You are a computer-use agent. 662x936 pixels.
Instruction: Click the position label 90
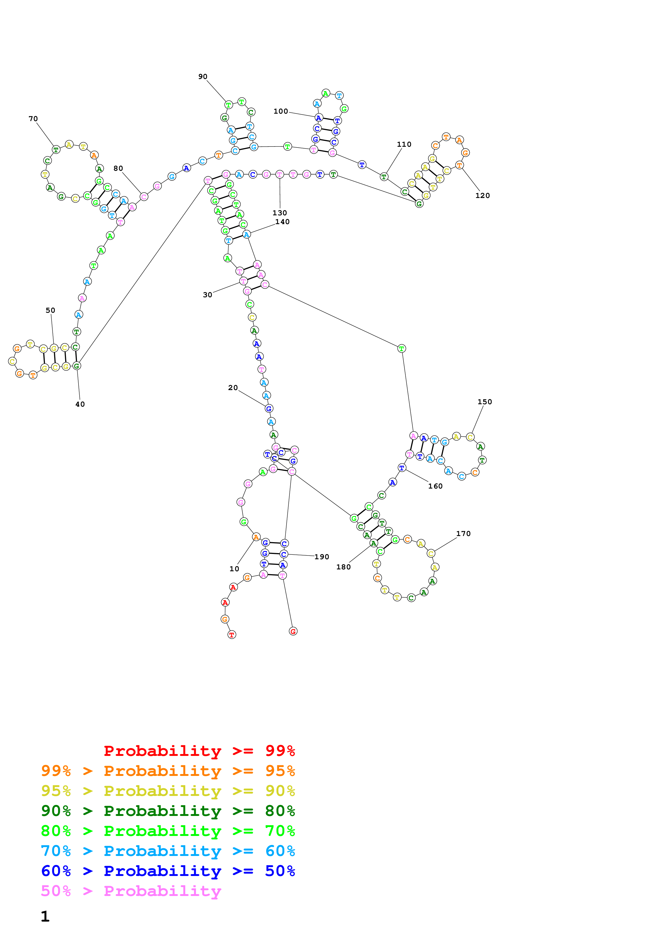[x=203, y=77]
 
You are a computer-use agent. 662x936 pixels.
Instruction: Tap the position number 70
[x=33, y=119]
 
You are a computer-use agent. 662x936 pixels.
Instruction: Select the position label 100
[x=281, y=111]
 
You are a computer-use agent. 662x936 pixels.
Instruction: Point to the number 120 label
[x=483, y=196]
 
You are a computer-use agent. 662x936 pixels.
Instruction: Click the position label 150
[x=485, y=402]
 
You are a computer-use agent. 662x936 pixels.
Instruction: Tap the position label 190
[x=322, y=557]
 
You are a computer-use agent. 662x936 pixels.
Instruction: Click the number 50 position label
[x=50, y=310]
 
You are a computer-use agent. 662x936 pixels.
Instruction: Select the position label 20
[x=233, y=388]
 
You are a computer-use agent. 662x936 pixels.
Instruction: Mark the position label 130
[x=280, y=213]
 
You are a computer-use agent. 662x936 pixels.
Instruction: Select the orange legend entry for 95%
[x=168, y=771]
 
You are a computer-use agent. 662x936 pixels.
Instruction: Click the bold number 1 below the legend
[x=45, y=917]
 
